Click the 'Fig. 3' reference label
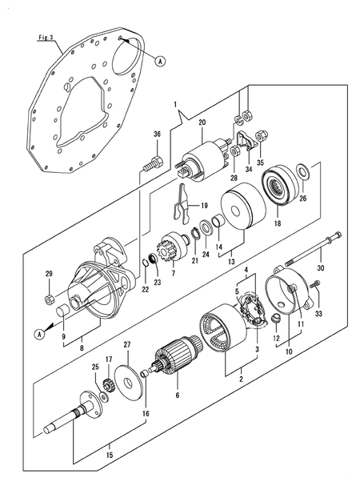tap(46, 38)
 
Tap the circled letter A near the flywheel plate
tap(160, 62)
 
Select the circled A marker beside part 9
tap(39, 334)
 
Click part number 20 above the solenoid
tap(202, 123)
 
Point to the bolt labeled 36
tap(154, 163)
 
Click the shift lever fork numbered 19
tap(182, 203)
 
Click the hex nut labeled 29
tap(50, 299)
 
